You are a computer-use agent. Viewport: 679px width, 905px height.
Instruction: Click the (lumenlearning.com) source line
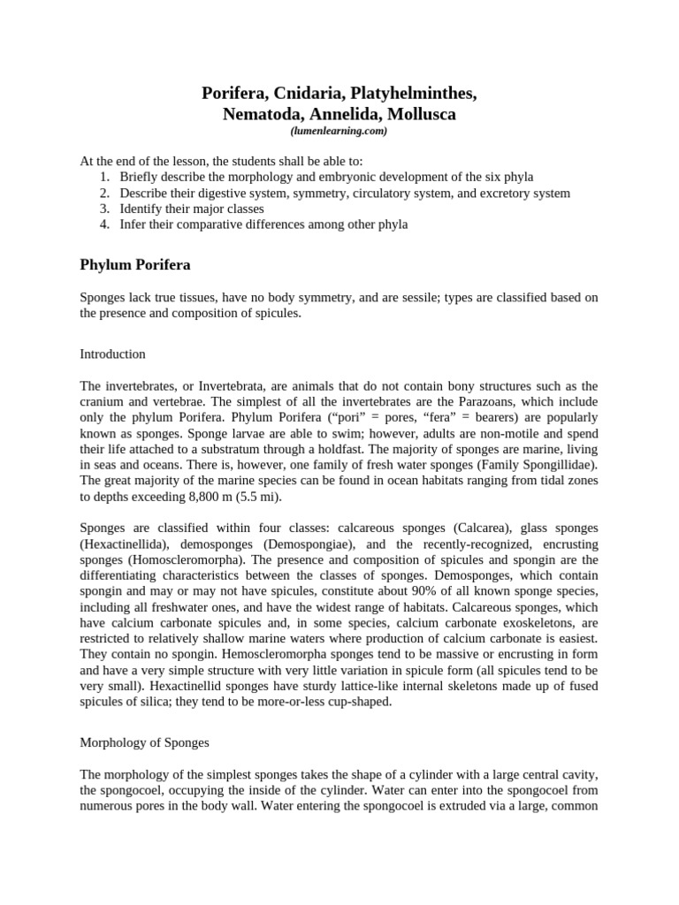[339, 131]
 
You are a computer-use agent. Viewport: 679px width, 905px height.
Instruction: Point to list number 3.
[104, 209]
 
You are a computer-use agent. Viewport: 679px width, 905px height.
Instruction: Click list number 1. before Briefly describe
[104, 177]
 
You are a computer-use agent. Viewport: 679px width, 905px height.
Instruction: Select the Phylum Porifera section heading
[135, 264]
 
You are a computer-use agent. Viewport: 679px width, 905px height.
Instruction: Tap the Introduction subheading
[112, 354]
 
